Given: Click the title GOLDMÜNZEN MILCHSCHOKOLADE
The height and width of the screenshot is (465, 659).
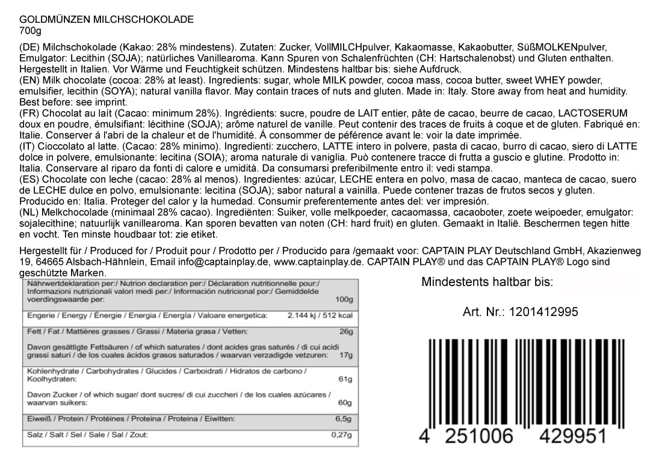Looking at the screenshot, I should [x=107, y=19].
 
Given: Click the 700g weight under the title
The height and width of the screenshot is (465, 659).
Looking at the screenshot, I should [x=31, y=31].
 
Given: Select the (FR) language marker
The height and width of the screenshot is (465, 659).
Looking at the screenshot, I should [x=30, y=114].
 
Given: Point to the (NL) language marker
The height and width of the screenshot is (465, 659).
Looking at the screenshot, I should [x=30, y=213].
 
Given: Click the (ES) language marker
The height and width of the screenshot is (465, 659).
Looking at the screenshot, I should [x=30, y=180].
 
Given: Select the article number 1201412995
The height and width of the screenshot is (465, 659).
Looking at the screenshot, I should [x=543, y=312].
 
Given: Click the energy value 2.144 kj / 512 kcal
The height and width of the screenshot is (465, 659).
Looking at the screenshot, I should [x=320, y=315].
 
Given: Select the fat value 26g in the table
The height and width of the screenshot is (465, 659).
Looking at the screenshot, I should [x=345, y=331].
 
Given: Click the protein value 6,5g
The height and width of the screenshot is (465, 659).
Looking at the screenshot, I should [x=344, y=418].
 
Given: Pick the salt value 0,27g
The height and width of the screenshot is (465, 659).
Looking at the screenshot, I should [x=342, y=434].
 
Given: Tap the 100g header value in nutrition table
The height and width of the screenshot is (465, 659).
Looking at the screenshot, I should [x=344, y=299].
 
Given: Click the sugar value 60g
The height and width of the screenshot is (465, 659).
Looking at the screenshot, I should [x=345, y=403].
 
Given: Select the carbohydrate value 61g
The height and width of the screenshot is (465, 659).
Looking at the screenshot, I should [x=345, y=379].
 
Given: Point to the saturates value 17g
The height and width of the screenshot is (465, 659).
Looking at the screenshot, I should [x=345, y=355].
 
